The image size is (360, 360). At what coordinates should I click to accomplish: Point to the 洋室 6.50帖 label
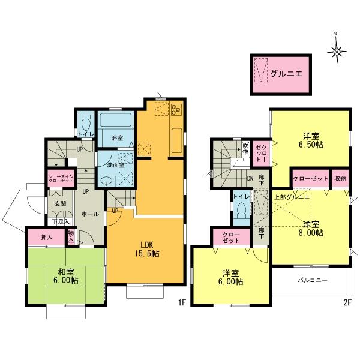pyautogui.click(x=310, y=140)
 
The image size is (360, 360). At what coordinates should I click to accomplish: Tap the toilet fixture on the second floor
pyautogui.click(x=241, y=211)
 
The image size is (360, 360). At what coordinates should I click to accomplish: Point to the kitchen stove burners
pyautogui.click(x=176, y=110)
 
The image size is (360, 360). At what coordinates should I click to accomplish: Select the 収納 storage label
pyautogui.click(x=340, y=179)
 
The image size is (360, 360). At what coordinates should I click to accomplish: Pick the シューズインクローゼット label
pyautogui.click(x=59, y=178)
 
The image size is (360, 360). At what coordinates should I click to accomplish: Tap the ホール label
pyautogui.click(x=86, y=213)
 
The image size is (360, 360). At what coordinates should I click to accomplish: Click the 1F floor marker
pyautogui.click(x=181, y=303)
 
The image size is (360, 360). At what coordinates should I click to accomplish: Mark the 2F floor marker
pyautogui.click(x=347, y=303)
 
